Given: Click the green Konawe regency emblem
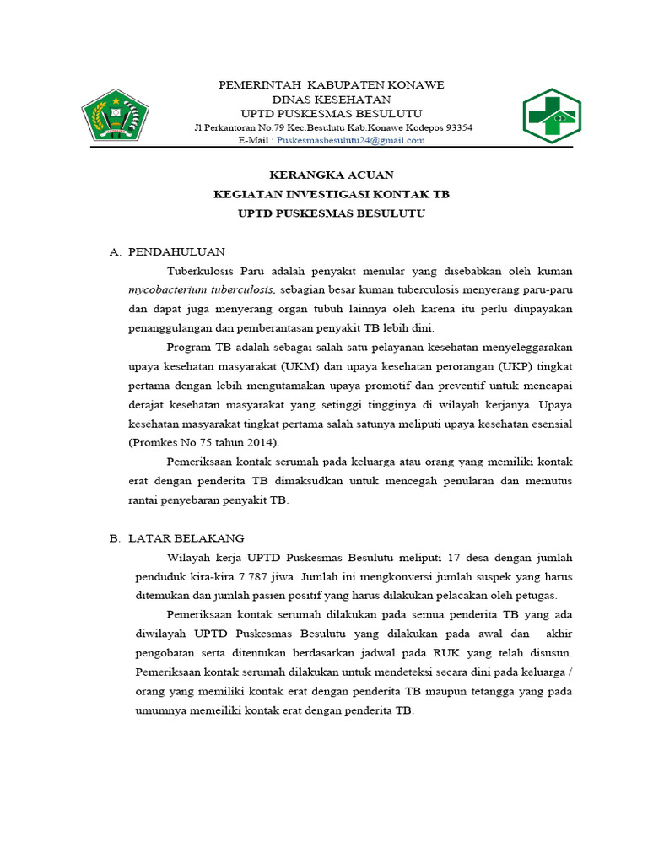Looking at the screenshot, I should click(x=116, y=115).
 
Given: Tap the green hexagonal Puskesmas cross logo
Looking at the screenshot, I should click(x=550, y=115).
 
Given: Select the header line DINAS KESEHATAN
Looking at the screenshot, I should click(x=331, y=100).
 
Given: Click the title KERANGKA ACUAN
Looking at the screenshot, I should click(x=331, y=175).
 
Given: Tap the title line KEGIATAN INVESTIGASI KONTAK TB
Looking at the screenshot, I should click(x=331, y=194).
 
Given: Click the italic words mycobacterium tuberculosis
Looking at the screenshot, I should click(x=201, y=289).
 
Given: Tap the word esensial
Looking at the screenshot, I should click(x=548, y=423).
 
